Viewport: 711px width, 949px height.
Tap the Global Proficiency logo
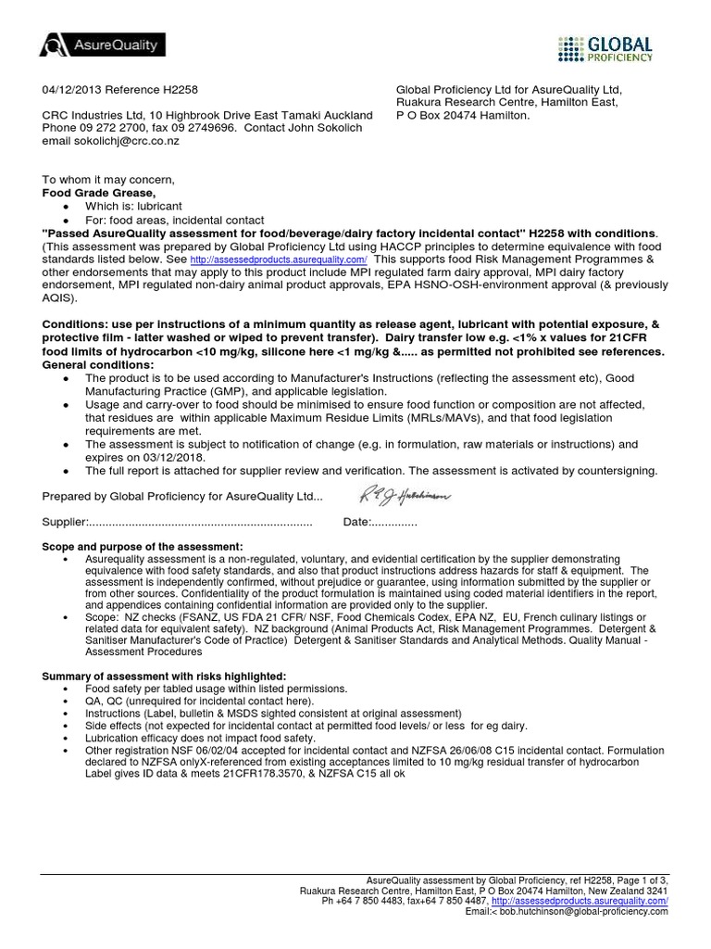click(x=606, y=47)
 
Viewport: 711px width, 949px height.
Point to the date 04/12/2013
click(x=72, y=89)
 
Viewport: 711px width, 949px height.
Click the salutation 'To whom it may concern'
click(x=107, y=179)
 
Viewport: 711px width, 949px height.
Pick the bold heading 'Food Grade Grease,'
click(x=94, y=192)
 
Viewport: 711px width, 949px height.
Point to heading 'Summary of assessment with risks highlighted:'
click(x=166, y=677)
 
